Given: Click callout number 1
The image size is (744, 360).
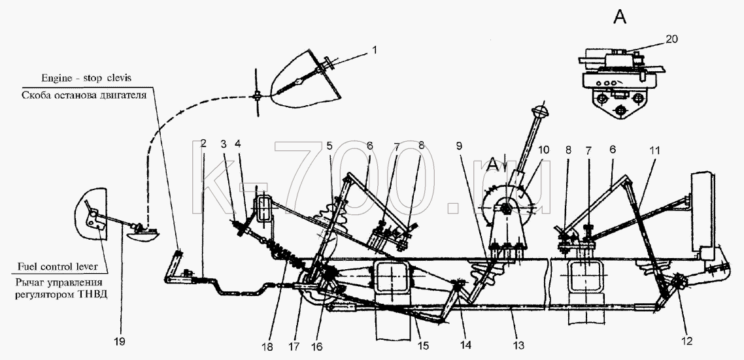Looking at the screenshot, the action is (x=374, y=50).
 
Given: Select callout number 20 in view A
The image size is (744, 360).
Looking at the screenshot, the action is (x=671, y=40).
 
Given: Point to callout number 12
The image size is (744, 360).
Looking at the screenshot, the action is (x=686, y=340).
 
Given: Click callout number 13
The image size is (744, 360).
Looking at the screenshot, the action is (x=519, y=346).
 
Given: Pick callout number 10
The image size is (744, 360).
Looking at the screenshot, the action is (x=543, y=150).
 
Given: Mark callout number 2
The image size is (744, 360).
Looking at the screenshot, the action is (x=204, y=143).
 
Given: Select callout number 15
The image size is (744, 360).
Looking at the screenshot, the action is (x=422, y=346).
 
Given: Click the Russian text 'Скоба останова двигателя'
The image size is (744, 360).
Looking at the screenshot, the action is (x=83, y=94).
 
